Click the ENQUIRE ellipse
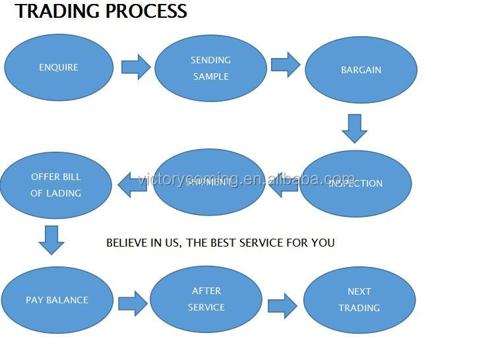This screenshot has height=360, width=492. pyautogui.click(x=59, y=67)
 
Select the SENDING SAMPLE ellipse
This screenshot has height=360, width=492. pyautogui.click(x=210, y=68)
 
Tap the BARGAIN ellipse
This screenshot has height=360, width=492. pyautogui.click(x=361, y=70)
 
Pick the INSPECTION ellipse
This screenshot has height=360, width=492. pyautogui.click(x=355, y=184)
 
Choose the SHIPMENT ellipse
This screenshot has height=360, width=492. pyautogui.click(x=209, y=182)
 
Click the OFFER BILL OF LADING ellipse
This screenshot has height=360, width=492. pyautogui.click(x=56, y=185)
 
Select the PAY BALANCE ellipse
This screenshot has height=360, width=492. pyautogui.click(x=57, y=300)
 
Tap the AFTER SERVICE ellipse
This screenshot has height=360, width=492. pyautogui.click(x=206, y=299)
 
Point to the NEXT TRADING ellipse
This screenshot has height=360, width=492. pyautogui.click(x=359, y=300)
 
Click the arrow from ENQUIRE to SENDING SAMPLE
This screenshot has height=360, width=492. pyautogui.click(x=135, y=67)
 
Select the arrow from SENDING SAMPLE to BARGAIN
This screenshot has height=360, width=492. pyautogui.click(x=285, y=65)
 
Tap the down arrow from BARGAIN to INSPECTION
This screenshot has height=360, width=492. pyautogui.click(x=354, y=128)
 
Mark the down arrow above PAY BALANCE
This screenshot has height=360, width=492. pyautogui.click(x=51, y=240)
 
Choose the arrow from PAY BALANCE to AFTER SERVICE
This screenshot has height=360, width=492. pyautogui.click(x=133, y=303)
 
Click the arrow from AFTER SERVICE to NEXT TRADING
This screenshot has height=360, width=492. pyautogui.click(x=282, y=305)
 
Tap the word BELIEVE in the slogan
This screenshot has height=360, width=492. pyautogui.click(x=128, y=243)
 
